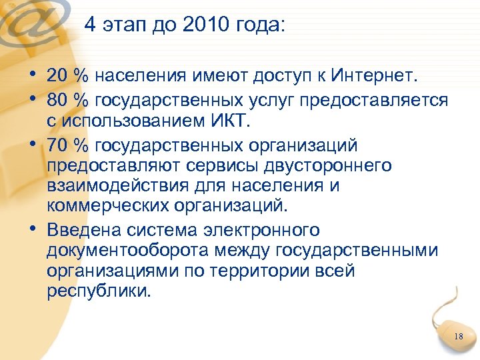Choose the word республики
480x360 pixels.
[x=99, y=292]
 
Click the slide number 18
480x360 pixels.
[x=457, y=337]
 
